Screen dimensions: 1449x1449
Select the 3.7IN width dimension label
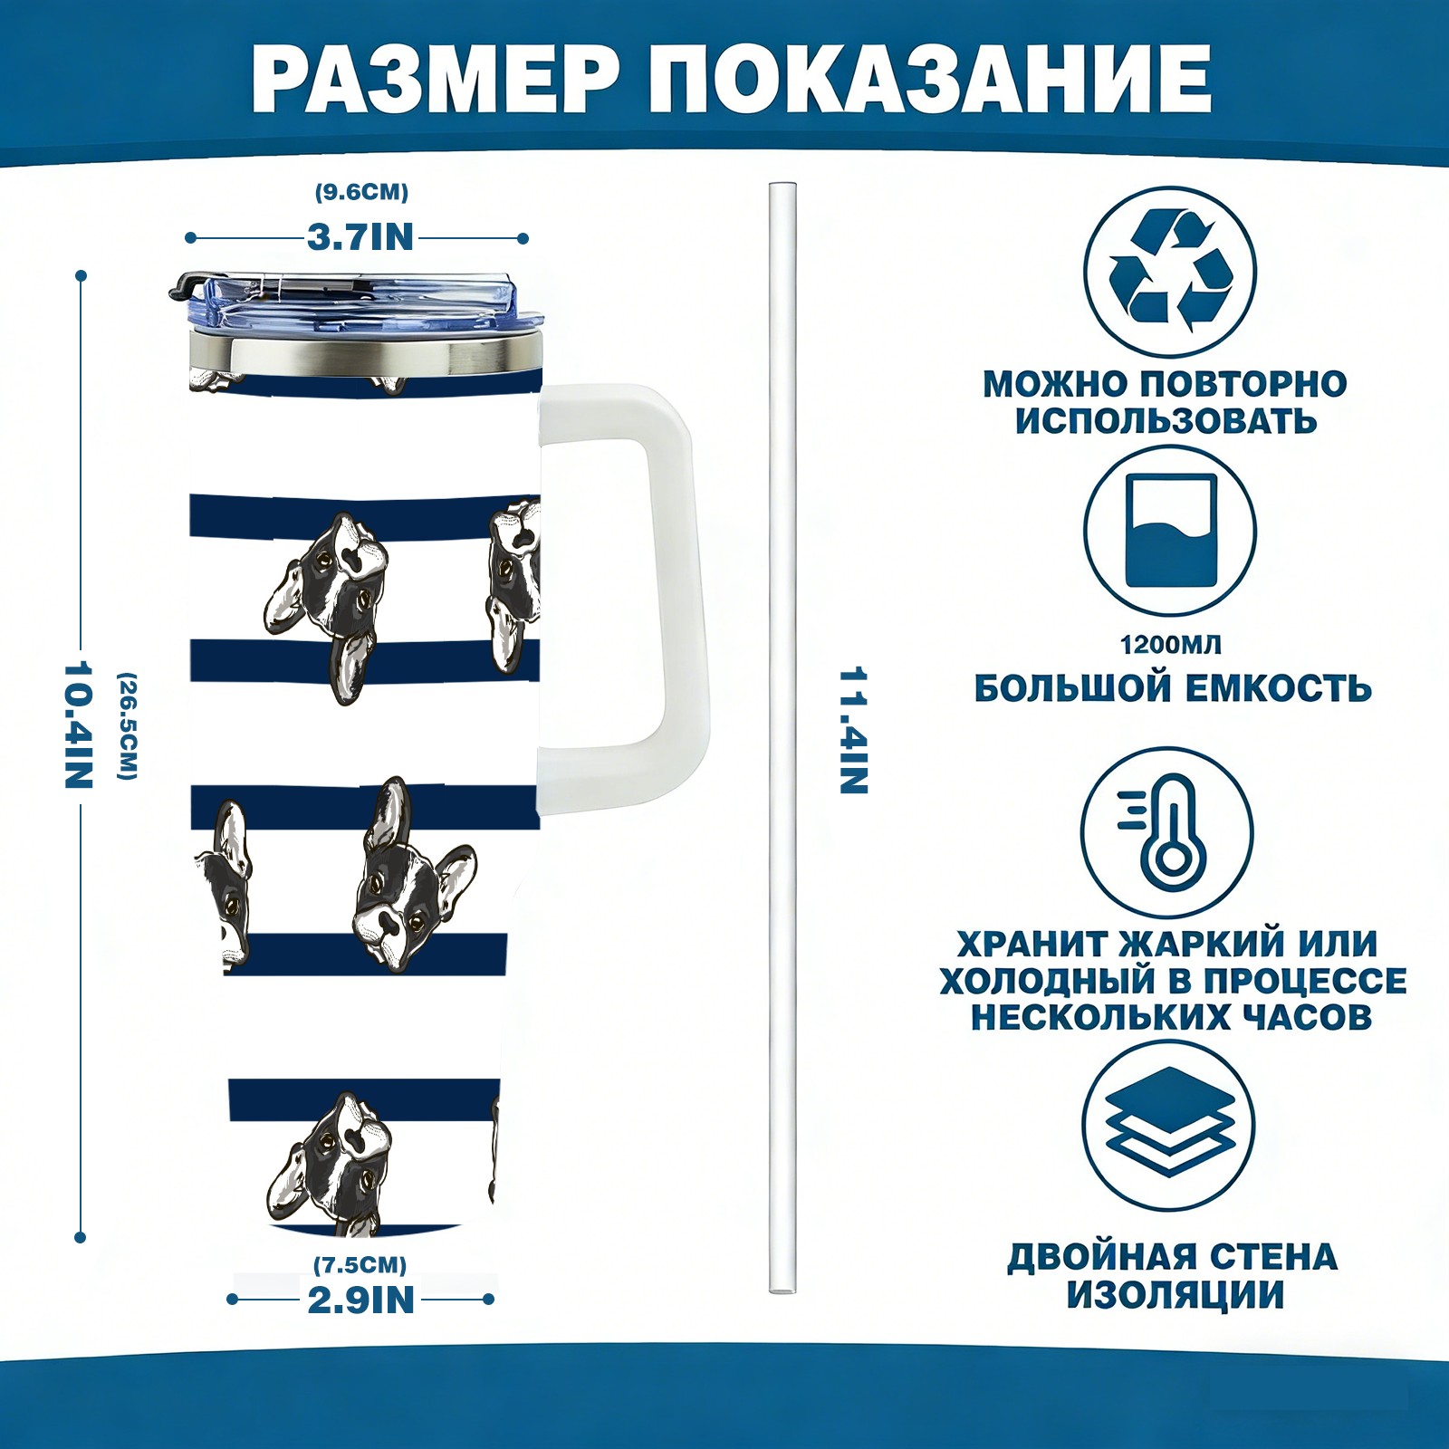pyautogui.click(x=360, y=237)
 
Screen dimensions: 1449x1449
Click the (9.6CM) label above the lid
pyautogui.click(x=361, y=192)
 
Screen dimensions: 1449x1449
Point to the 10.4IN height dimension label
pyautogui.click(x=79, y=724)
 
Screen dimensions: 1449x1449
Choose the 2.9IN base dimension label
pyautogui.click(x=360, y=1300)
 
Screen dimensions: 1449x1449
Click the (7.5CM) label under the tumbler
pyautogui.click(x=360, y=1264)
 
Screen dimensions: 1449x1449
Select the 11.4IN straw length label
pyautogui.click(x=853, y=731)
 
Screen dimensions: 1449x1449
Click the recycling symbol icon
pyautogui.click(x=1171, y=271)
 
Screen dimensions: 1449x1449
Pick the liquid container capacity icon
pyautogui.click(x=1171, y=532)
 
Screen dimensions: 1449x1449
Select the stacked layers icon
pyautogui.click(x=1170, y=1126)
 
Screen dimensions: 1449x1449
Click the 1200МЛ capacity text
pyautogui.click(x=1171, y=645)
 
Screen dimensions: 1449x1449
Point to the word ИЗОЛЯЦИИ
pyautogui.click(x=1176, y=1296)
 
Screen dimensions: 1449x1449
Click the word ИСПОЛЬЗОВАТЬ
pyautogui.click(x=1166, y=421)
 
